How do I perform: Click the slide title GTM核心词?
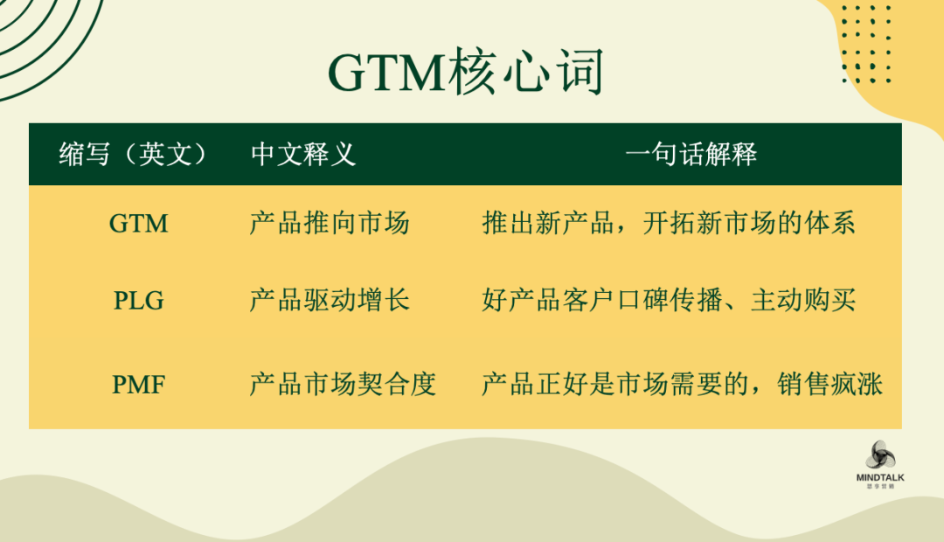[465, 73]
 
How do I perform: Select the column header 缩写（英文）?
[132, 154]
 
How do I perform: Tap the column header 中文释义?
[302, 154]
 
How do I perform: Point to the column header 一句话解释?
[691, 154]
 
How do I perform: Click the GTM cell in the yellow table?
[138, 224]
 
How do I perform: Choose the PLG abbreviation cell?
[138, 301]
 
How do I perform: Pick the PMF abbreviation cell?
[138, 385]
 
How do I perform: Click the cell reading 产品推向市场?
[330, 223]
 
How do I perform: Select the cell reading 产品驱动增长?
[330, 300]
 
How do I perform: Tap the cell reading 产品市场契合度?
[343, 384]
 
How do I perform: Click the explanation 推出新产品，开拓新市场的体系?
[669, 223]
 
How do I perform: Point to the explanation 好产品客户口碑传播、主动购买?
[669, 300]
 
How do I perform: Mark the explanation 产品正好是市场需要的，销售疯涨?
[682, 384]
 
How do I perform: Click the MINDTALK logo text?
[880, 477]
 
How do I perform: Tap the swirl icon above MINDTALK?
[880, 455]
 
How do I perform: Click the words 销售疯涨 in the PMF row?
[829, 384]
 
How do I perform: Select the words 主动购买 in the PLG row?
[803, 300]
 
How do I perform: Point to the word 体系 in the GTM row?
[829, 223]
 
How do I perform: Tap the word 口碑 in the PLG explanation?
[655, 300]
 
